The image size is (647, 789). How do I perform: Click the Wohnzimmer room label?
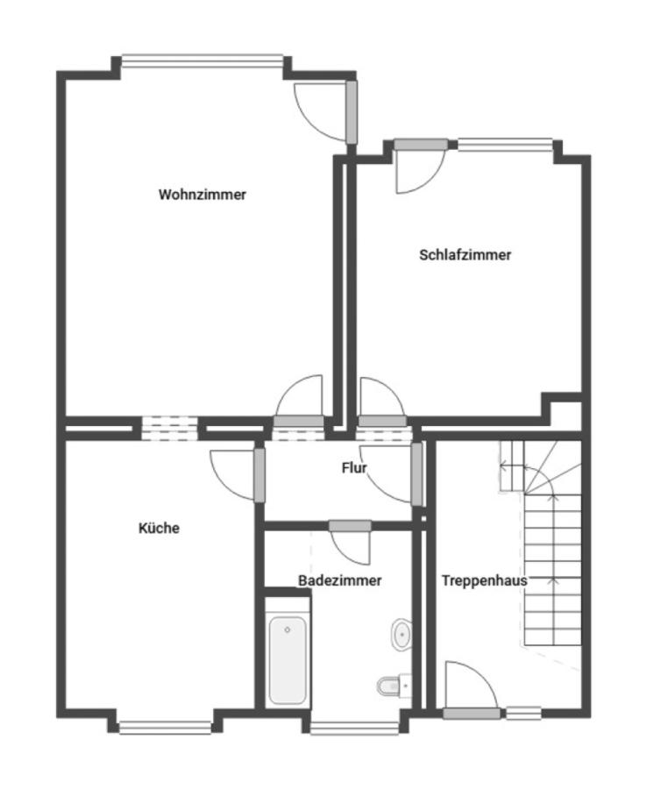(203, 195)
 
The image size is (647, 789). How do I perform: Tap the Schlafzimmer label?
(466, 254)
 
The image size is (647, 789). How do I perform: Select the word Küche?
(159, 528)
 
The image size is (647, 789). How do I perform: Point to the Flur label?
(354, 468)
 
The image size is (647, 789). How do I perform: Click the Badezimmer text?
(340, 580)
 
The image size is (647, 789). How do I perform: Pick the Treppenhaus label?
(485, 580)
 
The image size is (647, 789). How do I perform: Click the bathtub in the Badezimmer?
(288, 660)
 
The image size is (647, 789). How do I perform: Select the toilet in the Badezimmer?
(395, 685)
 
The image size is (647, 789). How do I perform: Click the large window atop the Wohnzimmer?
(203, 60)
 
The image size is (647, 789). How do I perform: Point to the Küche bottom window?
(165, 728)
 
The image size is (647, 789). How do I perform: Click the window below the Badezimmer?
(355, 729)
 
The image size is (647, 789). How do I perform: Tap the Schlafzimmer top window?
(505, 145)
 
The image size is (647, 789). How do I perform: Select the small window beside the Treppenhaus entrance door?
(523, 713)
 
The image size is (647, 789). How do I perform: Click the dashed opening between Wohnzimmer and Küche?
(169, 428)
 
